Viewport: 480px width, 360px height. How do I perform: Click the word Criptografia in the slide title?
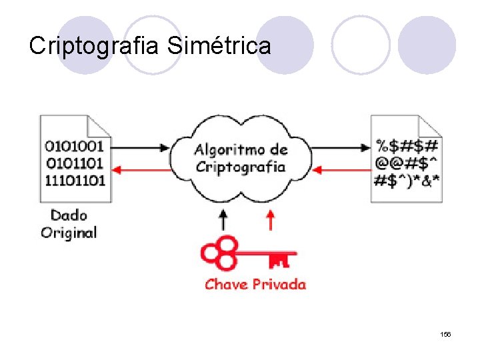tap(96, 46)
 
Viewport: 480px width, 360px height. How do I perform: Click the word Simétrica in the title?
tap(219, 46)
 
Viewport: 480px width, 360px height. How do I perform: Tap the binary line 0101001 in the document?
tap(75, 146)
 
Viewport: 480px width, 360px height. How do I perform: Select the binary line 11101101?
tap(75, 179)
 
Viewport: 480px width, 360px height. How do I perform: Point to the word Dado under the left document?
tap(69, 215)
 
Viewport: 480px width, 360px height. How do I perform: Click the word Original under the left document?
tap(69, 232)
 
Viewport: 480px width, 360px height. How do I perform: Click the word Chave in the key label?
tap(226, 284)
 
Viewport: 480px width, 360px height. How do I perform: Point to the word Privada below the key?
tap(279, 284)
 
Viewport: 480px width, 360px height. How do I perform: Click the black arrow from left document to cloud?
tap(141, 147)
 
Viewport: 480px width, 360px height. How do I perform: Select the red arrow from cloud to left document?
tap(141, 170)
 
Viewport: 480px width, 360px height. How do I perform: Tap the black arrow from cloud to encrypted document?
tap(341, 147)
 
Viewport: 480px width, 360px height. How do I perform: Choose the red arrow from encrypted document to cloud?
tap(341, 170)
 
